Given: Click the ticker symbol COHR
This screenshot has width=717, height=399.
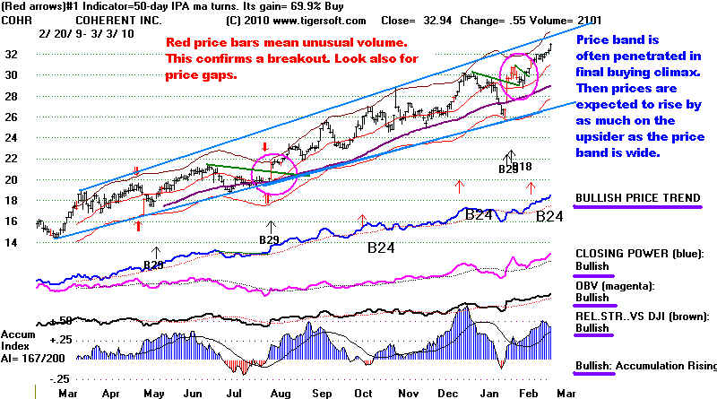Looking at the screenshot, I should tap(15, 18).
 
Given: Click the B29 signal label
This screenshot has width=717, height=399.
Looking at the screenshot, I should tap(269, 239).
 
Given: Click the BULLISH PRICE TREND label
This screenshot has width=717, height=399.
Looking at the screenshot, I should tap(635, 197).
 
